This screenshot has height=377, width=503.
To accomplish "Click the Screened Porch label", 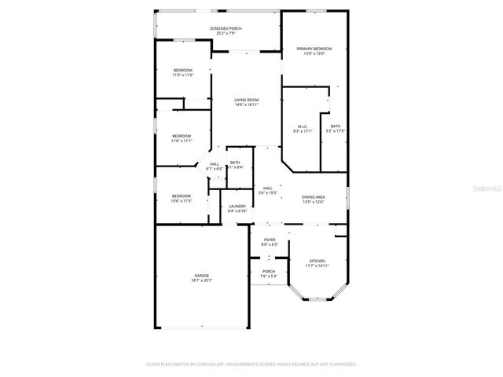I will coord(225,28).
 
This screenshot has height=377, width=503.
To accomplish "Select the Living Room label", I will coord(247,100).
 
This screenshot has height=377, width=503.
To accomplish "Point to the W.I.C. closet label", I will coord(303,126).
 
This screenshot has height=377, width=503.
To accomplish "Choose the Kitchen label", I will coord(317,261).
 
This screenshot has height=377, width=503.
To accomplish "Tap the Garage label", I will coord(202,275).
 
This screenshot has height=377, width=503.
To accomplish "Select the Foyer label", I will coord(270,240).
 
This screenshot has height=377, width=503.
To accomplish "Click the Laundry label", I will coord(237,206).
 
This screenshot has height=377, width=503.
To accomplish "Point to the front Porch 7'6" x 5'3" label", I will coord(269,271).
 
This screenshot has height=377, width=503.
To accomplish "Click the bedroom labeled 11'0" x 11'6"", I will coord(182,70).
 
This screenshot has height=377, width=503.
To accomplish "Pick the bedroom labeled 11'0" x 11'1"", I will coord(182,136).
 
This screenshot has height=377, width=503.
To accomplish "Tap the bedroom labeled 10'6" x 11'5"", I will coord(182,196).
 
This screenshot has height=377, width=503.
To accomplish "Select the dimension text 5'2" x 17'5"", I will coord(336,131).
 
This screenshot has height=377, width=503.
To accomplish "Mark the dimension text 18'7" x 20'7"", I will coord(202,280).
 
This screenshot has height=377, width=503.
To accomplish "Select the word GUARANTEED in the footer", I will coord(338,364).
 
